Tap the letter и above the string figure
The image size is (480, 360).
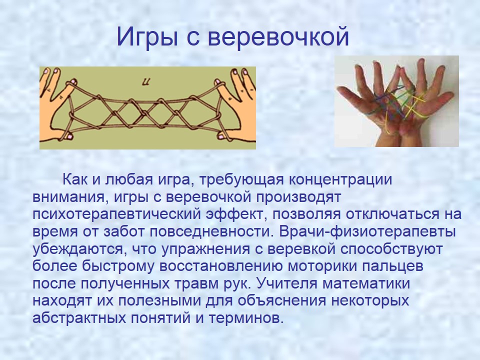(147, 82)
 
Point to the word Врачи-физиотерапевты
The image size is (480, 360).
(367, 231)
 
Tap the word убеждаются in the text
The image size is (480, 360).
(79, 249)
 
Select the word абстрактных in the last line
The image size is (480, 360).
(79, 318)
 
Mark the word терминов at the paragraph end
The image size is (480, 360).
(245, 318)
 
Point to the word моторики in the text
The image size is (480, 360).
(322, 266)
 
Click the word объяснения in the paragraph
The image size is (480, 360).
(282, 301)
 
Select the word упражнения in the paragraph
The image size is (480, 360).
(205, 249)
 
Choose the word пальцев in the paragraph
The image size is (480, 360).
(393, 266)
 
